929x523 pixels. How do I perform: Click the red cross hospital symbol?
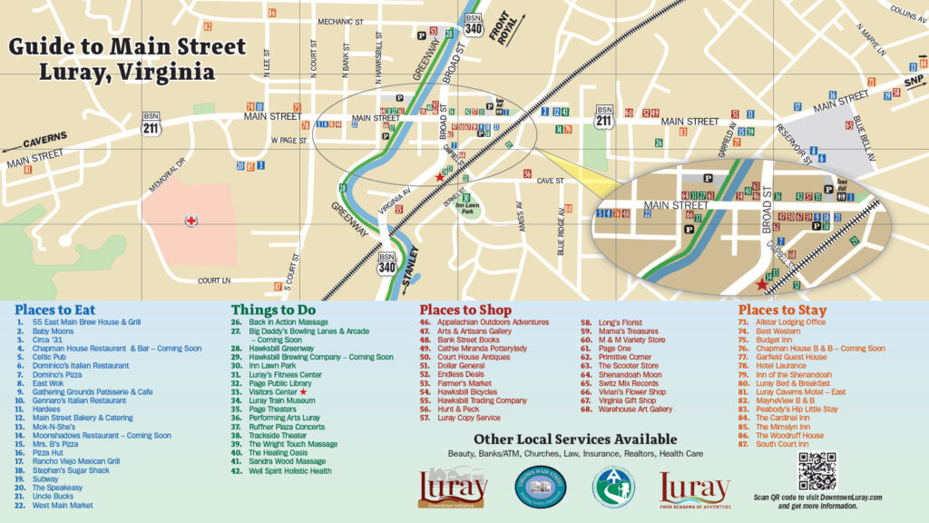click(x=191, y=221)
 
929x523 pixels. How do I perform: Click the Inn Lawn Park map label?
click(x=465, y=206)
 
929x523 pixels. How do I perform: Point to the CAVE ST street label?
click(x=550, y=181)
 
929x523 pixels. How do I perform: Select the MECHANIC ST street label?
click(x=339, y=21)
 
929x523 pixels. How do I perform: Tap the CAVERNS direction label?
click(x=44, y=140)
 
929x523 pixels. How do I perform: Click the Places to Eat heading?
click(x=54, y=311)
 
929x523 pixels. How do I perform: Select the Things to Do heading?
click(x=273, y=311)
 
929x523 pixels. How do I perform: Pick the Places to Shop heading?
click(x=465, y=311)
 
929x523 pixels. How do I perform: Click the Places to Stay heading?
click(x=782, y=311)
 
